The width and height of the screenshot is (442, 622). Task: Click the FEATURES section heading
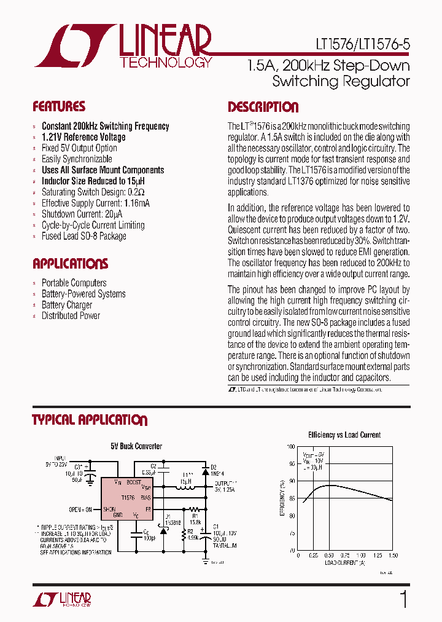pyautogui.click(x=59, y=106)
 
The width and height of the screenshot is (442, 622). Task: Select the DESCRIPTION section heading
pyautogui.click(x=263, y=107)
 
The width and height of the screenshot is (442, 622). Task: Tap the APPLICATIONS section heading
pyautogui.click(x=70, y=264)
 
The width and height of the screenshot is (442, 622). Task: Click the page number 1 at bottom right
pyautogui.click(x=403, y=599)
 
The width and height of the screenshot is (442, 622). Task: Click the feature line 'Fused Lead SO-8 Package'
pyautogui.click(x=83, y=236)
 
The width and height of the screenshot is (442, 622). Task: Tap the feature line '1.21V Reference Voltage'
pyautogui.click(x=83, y=137)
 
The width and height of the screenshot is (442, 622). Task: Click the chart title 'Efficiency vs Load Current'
pyautogui.click(x=344, y=435)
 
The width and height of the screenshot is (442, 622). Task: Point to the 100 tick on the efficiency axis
pyautogui.click(x=291, y=447)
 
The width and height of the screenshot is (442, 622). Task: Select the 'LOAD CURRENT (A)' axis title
pyautogui.click(x=344, y=562)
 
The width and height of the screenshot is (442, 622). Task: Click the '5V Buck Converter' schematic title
pyautogui.click(x=136, y=446)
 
